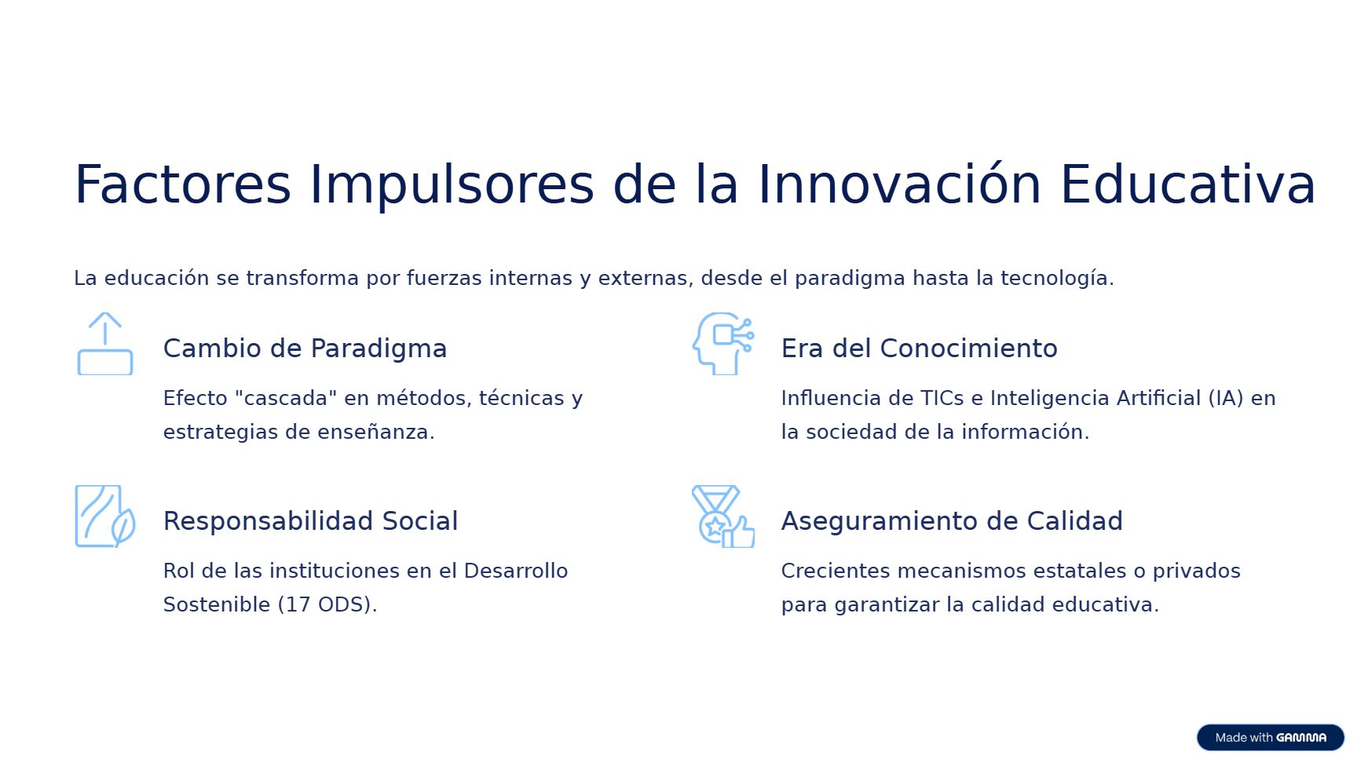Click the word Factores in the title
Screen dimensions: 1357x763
click(182, 184)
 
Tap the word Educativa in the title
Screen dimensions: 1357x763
click(1187, 184)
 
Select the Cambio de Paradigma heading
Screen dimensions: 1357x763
click(305, 349)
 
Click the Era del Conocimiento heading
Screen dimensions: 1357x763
click(919, 349)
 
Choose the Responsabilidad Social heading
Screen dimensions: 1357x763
click(310, 521)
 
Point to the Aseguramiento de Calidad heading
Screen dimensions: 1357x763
click(952, 521)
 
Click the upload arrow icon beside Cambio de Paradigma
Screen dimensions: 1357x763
click(105, 344)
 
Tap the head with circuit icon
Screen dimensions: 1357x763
click(723, 344)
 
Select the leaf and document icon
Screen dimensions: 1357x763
click(105, 517)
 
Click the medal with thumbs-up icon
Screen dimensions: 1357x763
click(723, 517)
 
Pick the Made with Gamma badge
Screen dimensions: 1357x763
click(1271, 738)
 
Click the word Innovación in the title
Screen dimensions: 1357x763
click(899, 184)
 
